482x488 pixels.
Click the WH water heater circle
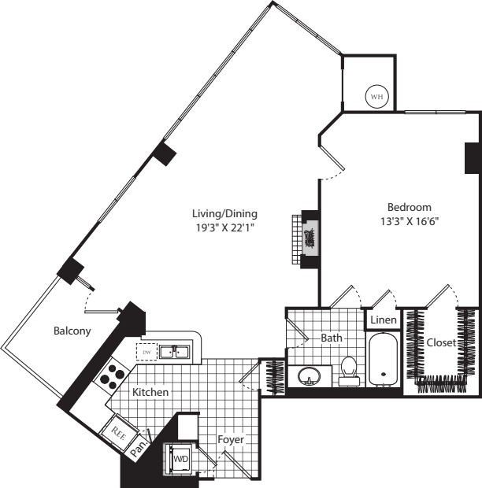376,97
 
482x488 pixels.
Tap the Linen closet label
384,320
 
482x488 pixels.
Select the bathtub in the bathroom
384,359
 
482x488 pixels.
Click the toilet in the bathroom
349,369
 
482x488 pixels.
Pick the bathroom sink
310,375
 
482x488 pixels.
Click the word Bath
332,338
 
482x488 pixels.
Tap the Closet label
440,343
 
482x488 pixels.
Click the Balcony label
72,331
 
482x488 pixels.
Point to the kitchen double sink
175,351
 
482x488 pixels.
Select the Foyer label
231,439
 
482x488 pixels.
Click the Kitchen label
150,392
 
